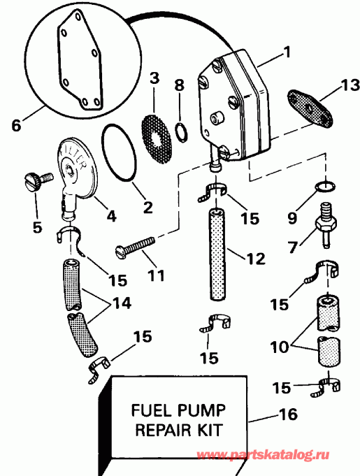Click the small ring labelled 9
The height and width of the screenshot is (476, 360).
pos(324,186)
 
